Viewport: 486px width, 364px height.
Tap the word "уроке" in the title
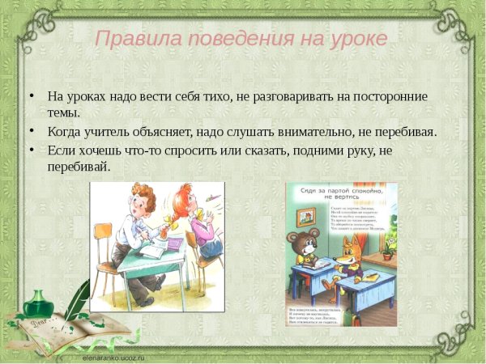point(356,38)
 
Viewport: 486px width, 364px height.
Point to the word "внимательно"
point(309,131)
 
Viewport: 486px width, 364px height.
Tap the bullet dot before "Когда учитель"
point(32,130)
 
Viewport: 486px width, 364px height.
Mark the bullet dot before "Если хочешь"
point(32,150)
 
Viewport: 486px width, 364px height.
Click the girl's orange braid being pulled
point(169,218)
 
